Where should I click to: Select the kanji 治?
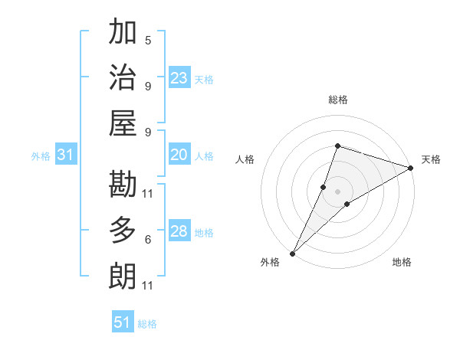pyautogui.click(x=123, y=77)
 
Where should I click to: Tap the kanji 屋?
pyautogui.click(x=123, y=123)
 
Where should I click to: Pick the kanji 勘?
pyautogui.click(x=123, y=185)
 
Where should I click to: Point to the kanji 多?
pyautogui.click(x=123, y=231)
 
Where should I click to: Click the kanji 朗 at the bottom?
pyautogui.click(x=123, y=276)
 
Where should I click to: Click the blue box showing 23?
pyautogui.click(x=179, y=78)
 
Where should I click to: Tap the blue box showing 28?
pyautogui.click(x=179, y=232)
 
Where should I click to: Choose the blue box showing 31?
pyautogui.click(x=66, y=155)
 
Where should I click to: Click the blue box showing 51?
pyautogui.click(x=123, y=322)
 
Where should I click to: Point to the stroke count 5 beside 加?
pyautogui.click(x=148, y=40)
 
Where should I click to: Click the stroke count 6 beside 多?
pyautogui.click(x=148, y=240)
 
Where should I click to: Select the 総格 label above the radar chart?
pyautogui.click(x=338, y=100)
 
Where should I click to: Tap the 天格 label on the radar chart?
pyautogui.click(x=432, y=159)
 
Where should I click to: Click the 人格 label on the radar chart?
pyautogui.click(x=245, y=159)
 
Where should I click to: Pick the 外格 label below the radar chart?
pyautogui.click(x=270, y=263)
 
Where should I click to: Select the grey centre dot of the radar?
pyautogui.click(x=338, y=191)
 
